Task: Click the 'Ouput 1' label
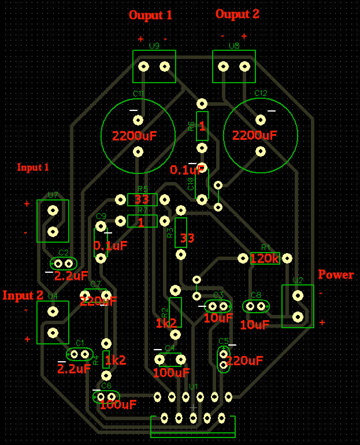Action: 150,15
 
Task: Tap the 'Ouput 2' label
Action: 237,14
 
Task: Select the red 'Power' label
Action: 336,274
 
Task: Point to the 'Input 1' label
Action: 33,168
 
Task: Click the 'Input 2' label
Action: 23,295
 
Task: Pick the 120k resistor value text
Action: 265,258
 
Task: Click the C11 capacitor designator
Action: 139,93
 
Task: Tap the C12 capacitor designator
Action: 261,93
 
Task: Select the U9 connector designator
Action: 154,45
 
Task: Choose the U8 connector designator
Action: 233,45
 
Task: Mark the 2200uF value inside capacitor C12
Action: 255,136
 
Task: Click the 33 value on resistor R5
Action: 142,200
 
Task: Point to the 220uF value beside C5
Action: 244,361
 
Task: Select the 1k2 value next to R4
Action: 116,361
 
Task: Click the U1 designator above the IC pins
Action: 194,386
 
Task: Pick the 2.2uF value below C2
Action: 72,276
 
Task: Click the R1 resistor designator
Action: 266,246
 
